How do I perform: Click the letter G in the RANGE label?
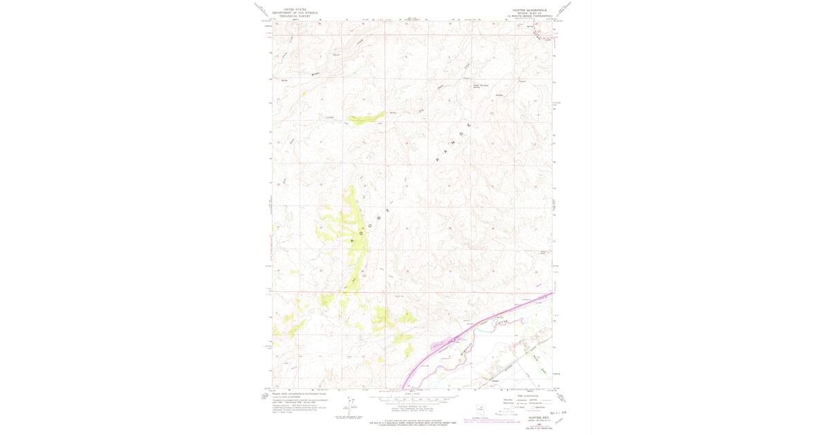point(459,135)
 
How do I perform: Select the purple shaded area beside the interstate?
point(438,343)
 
